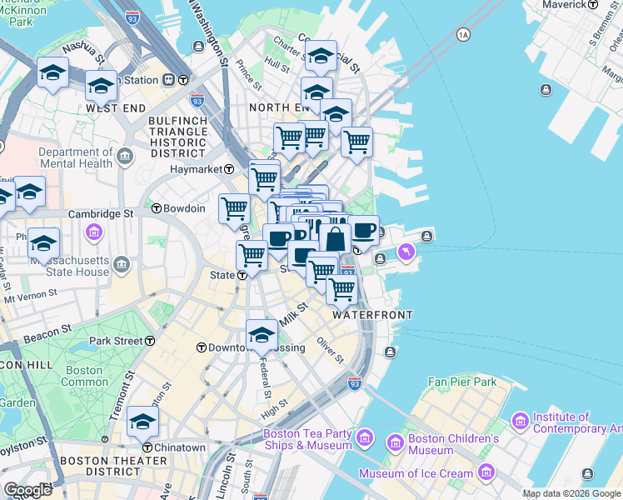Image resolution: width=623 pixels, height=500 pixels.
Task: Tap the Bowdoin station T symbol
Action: point(156,208)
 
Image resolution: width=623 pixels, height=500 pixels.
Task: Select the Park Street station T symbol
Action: point(150,341)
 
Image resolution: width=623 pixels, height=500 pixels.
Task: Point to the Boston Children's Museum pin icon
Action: point(394,440)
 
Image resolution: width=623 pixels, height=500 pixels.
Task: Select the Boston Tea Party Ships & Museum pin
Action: point(364,437)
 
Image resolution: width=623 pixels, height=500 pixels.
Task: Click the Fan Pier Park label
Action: point(461,382)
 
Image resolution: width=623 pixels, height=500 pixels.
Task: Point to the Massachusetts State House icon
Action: point(122,266)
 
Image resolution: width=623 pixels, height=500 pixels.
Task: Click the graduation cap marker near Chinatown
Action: point(143,422)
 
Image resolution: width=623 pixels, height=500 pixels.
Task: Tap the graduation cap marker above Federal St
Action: point(262,335)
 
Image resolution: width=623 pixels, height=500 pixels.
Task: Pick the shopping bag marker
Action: point(335,239)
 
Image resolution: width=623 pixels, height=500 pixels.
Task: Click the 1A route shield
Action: point(463,35)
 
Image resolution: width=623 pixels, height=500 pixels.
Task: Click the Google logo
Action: point(27,490)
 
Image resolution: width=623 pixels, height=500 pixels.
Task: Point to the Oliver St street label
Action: point(331,351)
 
